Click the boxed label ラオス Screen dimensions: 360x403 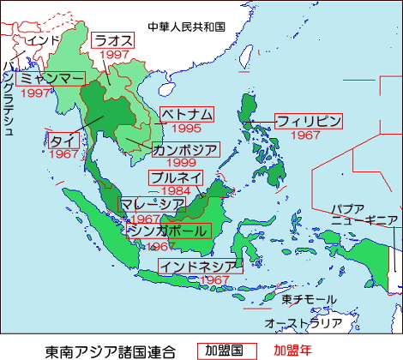coord(111,39)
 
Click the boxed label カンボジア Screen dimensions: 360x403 coord(185,149)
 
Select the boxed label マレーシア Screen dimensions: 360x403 coord(152,204)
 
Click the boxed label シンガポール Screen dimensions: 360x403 coord(167,231)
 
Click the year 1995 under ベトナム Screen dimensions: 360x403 coord(186,129)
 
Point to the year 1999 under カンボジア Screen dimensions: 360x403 coord(183,163)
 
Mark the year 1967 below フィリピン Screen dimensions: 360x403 coord(306,135)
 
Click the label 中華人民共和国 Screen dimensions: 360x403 coord(186,26)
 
